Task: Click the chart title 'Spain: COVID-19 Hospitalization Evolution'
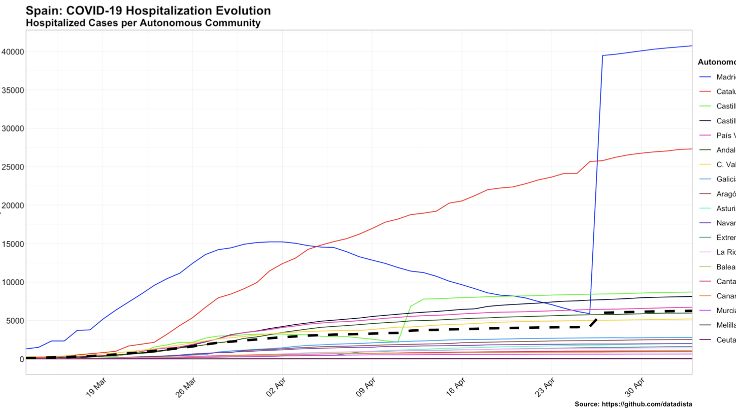click(x=148, y=11)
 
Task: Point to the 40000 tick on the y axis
click(x=12, y=52)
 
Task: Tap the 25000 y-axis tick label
click(x=12, y=167)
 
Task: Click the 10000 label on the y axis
click(x=12, y=282)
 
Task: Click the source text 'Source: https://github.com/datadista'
click(x=633, y=404)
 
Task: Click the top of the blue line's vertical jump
click(x=602, y=56)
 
